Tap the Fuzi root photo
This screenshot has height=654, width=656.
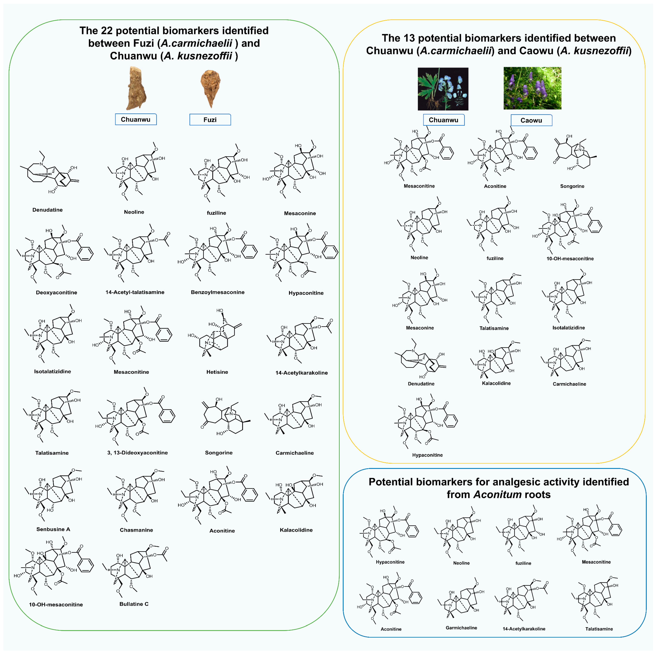[x=210, y=88]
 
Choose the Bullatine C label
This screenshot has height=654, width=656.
[x=134, y=604]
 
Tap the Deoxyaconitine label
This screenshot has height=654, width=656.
[x=56, y=292]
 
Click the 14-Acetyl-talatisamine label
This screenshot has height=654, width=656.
[x=135, y=292]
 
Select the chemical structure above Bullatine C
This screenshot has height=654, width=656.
[x=136, y=570]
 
